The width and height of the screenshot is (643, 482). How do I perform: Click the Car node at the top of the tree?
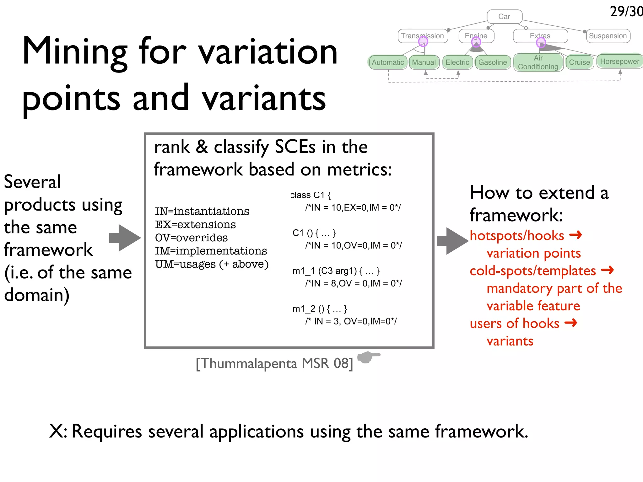(504, 16)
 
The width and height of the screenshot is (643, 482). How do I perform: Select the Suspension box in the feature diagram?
(608, 36)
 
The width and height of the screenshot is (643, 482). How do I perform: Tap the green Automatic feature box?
(388, 62)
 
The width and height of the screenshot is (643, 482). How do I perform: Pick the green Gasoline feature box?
(492, 62)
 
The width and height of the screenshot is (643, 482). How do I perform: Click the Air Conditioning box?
(538, 62)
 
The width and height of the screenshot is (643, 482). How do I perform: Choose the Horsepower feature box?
(619, 61)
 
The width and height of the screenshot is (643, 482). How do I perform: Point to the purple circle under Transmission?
(423, 41)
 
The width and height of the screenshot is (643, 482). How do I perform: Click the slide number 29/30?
(626, 12)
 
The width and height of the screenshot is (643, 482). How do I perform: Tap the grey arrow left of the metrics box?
(125, 238)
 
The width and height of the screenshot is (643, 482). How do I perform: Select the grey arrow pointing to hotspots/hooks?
(452, 241)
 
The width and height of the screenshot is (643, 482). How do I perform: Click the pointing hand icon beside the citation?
(368, 357)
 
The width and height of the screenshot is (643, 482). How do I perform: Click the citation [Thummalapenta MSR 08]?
(274, 363)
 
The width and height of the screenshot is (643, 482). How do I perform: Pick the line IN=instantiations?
(202, 211)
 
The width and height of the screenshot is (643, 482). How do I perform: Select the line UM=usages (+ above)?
(212, 264)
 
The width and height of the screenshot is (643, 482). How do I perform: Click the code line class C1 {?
(310, 195)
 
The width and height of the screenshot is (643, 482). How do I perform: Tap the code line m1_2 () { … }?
(320, 309)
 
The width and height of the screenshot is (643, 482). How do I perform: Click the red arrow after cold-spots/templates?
(607, 270)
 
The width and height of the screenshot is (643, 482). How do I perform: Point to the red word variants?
(510, 341)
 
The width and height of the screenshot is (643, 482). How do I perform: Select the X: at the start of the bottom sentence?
(58, 431)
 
